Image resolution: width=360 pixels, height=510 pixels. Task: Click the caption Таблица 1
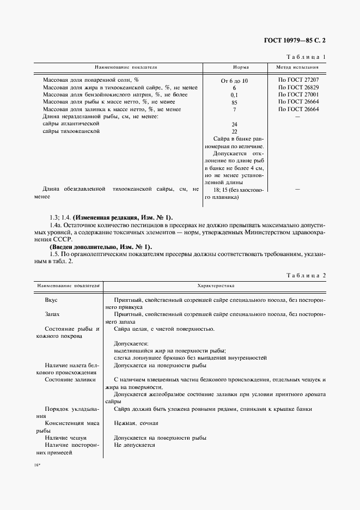tap(305, 57)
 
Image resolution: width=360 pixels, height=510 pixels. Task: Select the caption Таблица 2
tap(305, 275)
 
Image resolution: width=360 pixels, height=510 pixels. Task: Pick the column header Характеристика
tap(215, 286)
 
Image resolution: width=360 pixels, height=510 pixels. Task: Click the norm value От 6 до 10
tap(234, 80)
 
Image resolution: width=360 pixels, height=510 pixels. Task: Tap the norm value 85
tap(234, 102)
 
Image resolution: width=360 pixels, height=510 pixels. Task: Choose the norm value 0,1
tap(234, 95)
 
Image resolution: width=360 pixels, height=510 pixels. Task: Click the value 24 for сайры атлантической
tap(234, 124)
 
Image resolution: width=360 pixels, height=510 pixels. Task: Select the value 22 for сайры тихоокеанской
tap(234, 131)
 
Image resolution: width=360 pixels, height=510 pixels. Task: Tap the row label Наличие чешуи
tap(65, 438)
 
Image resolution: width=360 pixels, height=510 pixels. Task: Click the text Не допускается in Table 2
tap(135, 445)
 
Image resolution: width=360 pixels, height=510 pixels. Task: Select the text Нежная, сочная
tap(136, 423)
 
